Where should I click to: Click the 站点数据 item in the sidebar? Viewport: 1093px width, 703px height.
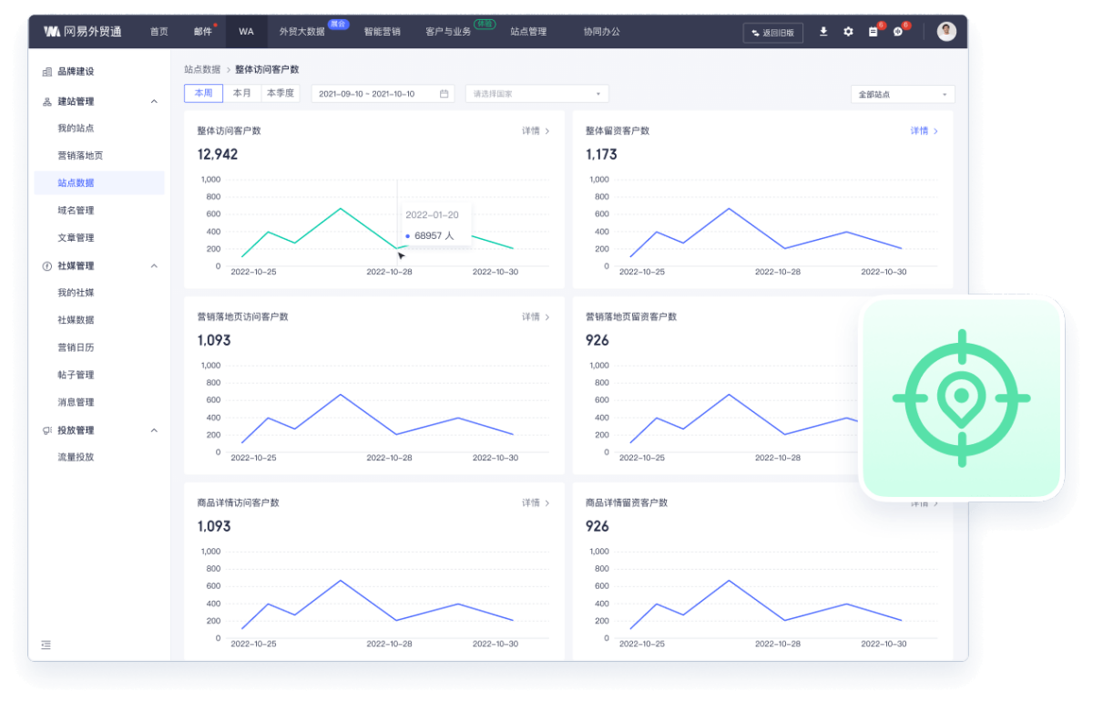coord(76,183)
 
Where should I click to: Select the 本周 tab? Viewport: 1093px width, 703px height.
coord(203,93)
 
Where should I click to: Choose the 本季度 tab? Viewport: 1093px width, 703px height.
coord(281,93)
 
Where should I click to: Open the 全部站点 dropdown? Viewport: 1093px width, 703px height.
coord(903,95)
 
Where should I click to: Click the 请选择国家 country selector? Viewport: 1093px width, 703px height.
coord(536,94)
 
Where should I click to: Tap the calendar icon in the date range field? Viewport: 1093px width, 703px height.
coord(444,94)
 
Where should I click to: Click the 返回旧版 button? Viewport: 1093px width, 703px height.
coord(773,32)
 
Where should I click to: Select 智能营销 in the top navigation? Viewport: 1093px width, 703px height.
coord(383,31)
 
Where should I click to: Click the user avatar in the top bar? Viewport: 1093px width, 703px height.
coord(947,31)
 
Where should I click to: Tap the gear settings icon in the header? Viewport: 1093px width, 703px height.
coord(848,31)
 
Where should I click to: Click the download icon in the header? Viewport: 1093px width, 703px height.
coord(823,31)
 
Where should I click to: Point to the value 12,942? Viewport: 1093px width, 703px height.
coord(218,155)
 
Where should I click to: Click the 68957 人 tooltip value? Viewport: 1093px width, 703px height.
coord(433,236)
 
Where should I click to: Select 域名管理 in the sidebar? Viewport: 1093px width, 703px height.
coord(76,211)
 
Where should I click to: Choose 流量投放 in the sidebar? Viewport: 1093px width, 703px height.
coord(76,457)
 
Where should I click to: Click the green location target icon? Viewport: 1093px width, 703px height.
coord(961,398)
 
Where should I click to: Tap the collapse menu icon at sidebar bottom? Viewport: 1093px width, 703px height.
coord(46,646)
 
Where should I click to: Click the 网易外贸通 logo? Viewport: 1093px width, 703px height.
coord(82,31)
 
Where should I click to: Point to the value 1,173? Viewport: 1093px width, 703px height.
coord(601,155)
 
